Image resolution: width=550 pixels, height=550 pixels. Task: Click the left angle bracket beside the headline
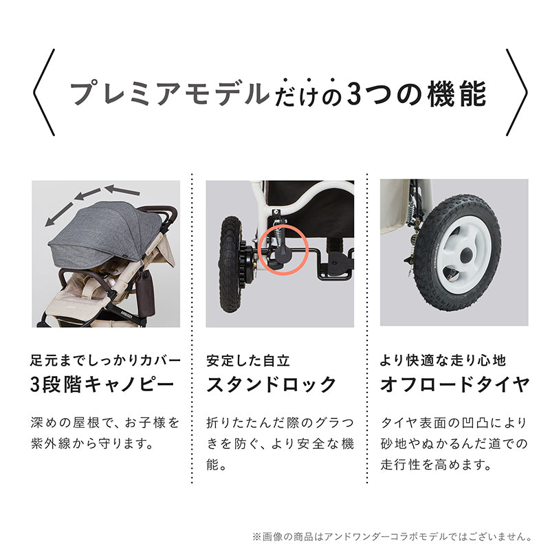[44, 93]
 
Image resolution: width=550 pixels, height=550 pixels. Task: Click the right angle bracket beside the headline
[517, 93]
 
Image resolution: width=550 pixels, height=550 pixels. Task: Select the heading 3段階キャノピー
[102, 384]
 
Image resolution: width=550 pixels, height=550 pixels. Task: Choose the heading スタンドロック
[271, 384]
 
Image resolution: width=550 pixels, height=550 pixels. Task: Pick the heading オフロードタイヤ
[455, 384]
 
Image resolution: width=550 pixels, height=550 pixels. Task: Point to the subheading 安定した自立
[248, 360]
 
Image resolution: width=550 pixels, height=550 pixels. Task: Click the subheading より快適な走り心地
[443, 360]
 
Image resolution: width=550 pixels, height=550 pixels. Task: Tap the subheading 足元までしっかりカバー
[106, 360]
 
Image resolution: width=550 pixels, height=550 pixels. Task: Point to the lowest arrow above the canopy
[59, 214]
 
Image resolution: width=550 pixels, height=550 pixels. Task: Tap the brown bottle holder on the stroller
[145, 293]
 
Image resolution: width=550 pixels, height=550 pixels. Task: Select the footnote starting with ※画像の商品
[392, 537]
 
